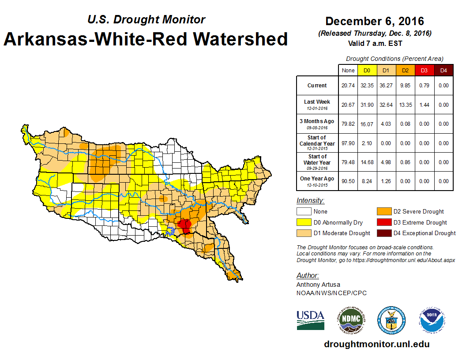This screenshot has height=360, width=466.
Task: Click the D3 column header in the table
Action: coord(424,70)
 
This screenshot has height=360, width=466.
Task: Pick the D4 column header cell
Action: coord(443,70)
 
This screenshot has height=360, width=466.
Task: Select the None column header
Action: coord(348,70)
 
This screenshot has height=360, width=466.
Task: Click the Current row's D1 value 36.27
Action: coord(386,86)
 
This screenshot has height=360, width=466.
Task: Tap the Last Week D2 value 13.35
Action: coord(405,105)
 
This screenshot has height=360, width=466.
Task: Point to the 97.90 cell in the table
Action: coord(348,143)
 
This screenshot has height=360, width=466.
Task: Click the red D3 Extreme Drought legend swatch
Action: coord(384,222)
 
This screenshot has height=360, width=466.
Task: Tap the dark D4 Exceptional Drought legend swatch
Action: coord(384,233)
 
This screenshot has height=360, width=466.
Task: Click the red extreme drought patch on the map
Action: coord(185,226)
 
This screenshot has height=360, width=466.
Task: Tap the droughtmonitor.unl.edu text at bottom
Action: coord(376,344)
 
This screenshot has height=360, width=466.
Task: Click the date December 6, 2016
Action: coord(374,21)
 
